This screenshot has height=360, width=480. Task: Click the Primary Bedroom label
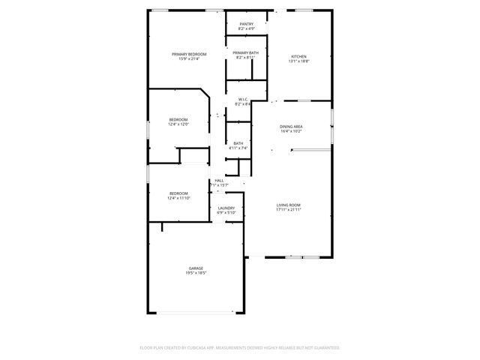point(188,55)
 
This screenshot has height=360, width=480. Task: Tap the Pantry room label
point(246,25)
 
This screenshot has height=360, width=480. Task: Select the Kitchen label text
point(298,57)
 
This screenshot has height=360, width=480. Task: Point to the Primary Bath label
point(245,52)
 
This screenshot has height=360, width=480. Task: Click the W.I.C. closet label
point(243,99)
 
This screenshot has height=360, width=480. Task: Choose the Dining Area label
point(291,127)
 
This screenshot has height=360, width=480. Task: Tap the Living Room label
point(289,205)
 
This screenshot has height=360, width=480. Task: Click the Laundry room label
point(226,208)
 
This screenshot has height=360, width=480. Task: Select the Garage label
point(196,268)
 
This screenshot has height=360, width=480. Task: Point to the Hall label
point(220,181)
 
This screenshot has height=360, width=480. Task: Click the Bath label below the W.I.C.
point(238,143)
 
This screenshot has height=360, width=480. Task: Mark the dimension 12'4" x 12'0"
point(178,124)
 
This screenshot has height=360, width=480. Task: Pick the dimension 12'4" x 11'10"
point(178,198)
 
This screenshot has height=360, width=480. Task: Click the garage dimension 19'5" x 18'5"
point(196,273)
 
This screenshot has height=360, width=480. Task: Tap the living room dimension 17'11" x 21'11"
point(289,210)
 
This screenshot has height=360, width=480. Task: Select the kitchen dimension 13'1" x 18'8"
point(298,61)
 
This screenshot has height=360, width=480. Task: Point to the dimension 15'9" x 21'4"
point(188,59)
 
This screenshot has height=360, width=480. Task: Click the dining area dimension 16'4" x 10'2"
point(291,131)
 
